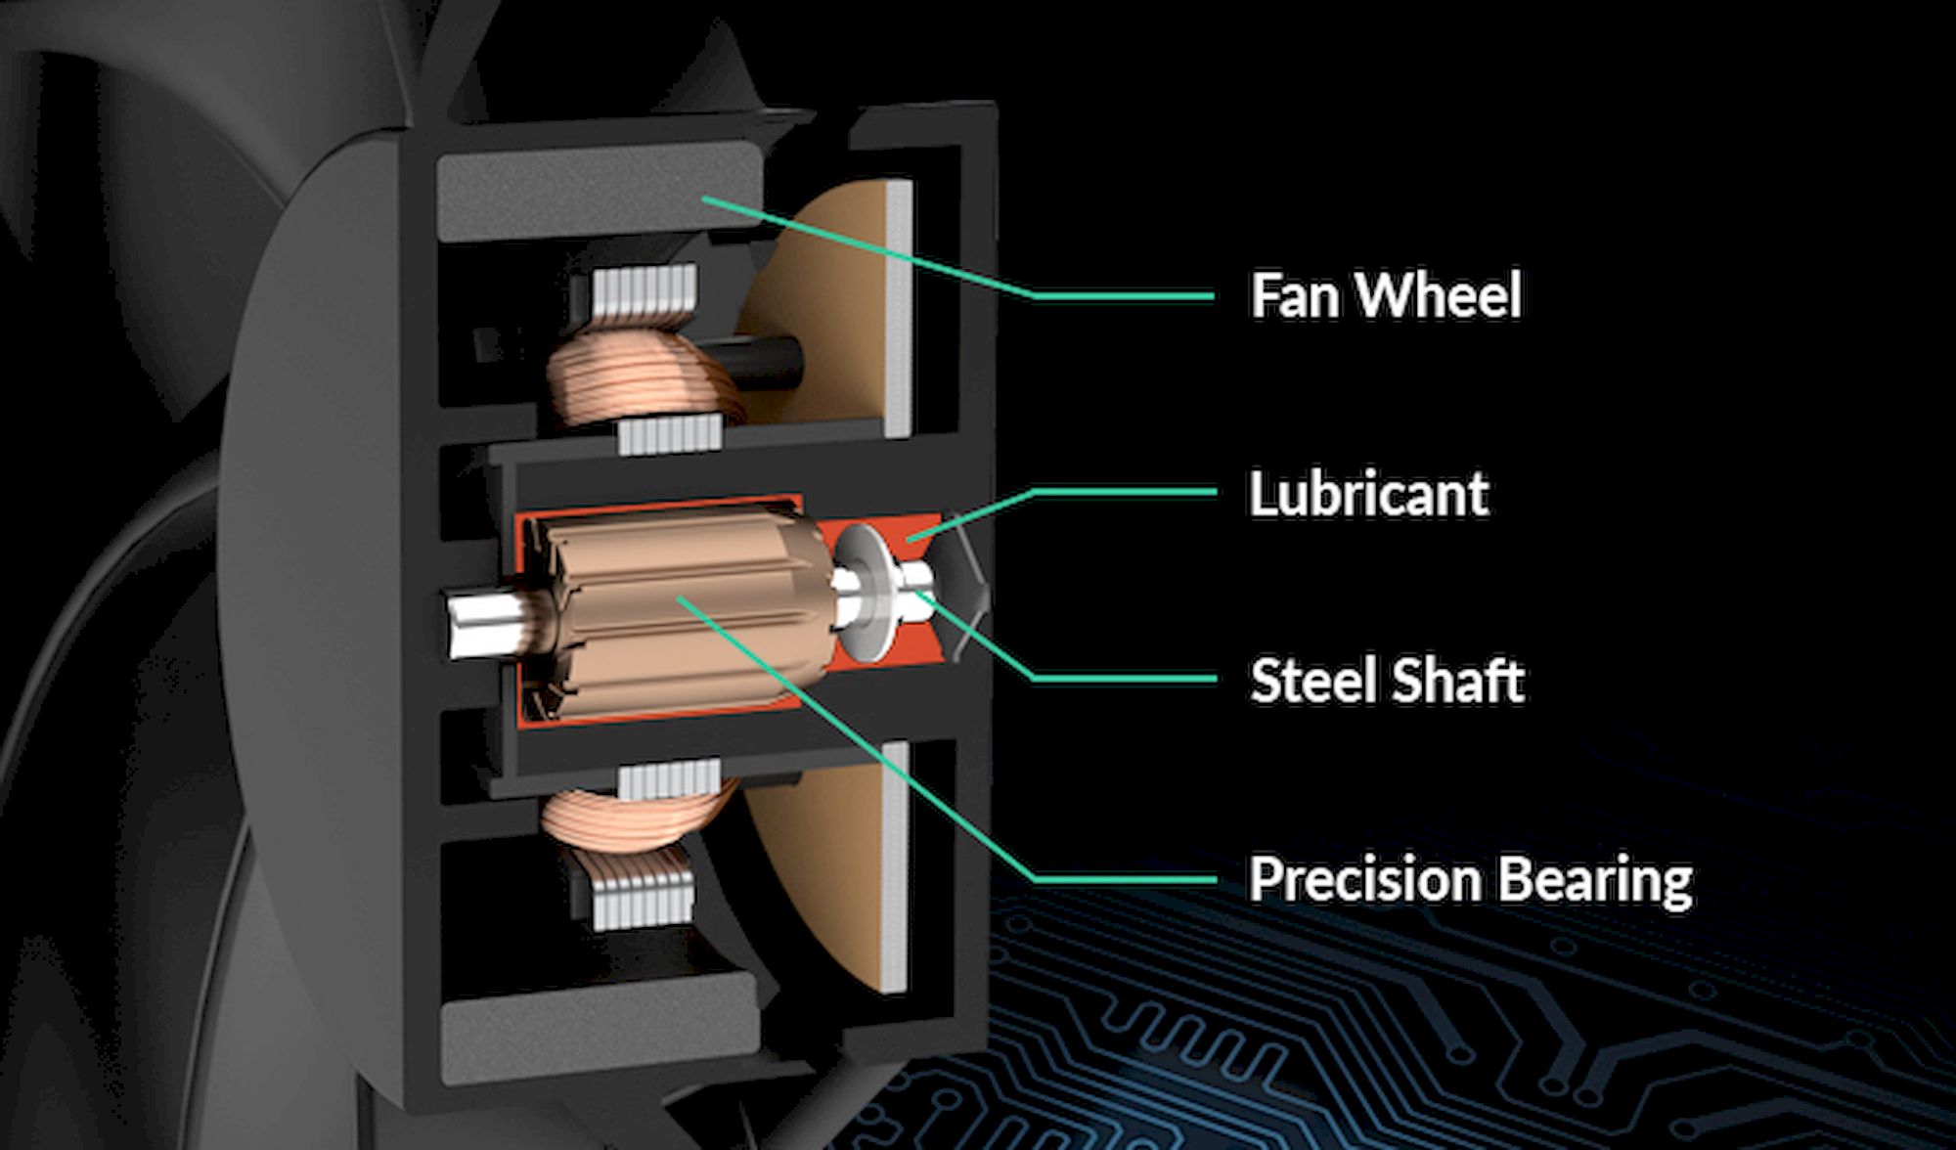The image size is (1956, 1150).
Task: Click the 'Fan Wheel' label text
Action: (1386, 294)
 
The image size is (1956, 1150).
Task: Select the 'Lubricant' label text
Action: (1369, 493)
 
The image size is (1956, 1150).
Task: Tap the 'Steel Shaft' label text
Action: (1387, 681)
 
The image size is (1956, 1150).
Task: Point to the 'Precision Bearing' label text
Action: (1471, 880)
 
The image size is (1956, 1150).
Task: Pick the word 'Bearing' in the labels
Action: (1597, 880)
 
